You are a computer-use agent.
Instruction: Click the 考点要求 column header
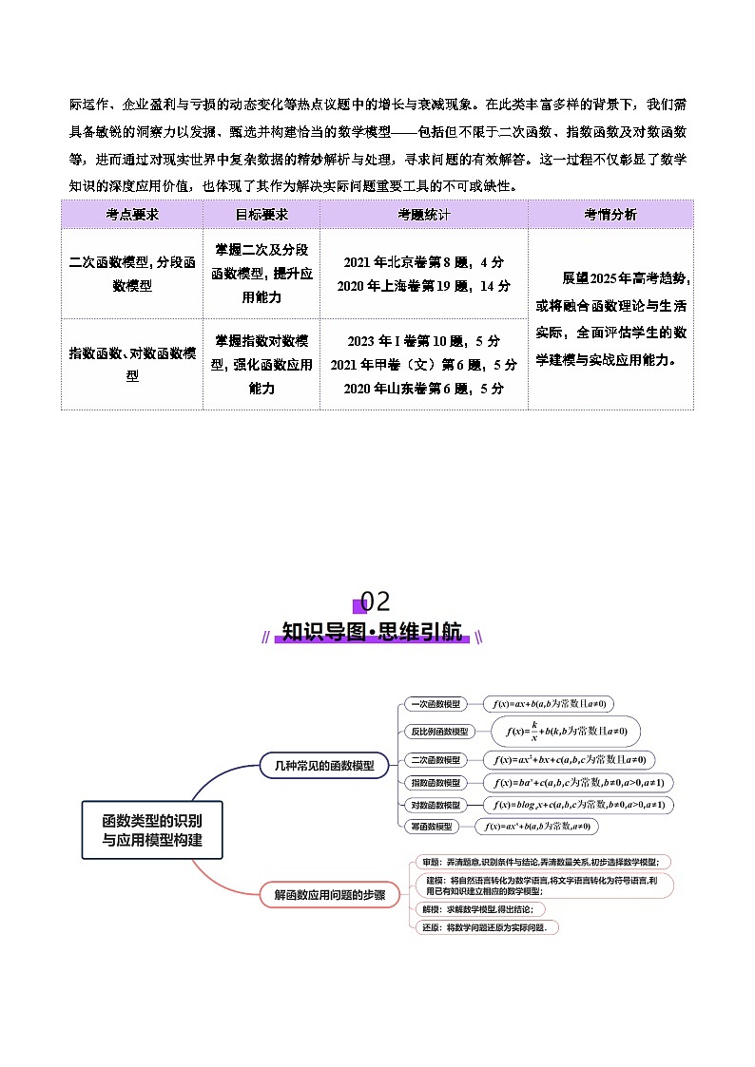pos(132,215)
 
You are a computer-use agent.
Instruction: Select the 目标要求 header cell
pos(261,215)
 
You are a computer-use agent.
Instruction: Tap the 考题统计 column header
pos(423,215)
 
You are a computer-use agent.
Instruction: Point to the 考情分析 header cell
pos(610,215)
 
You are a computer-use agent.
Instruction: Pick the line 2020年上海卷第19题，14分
pos(423,285)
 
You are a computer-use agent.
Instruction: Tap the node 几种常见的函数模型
pos(317,764)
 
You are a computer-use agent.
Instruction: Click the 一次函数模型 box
pos(434,704)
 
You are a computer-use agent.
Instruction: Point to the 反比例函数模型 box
pos(438,732)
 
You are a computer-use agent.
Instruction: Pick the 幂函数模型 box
pos(431,827)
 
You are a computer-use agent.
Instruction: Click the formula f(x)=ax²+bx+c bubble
pos(569,760)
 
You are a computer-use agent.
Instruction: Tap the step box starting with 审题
pos(543,862)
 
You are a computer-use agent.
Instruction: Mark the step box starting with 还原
pos(487,927)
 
